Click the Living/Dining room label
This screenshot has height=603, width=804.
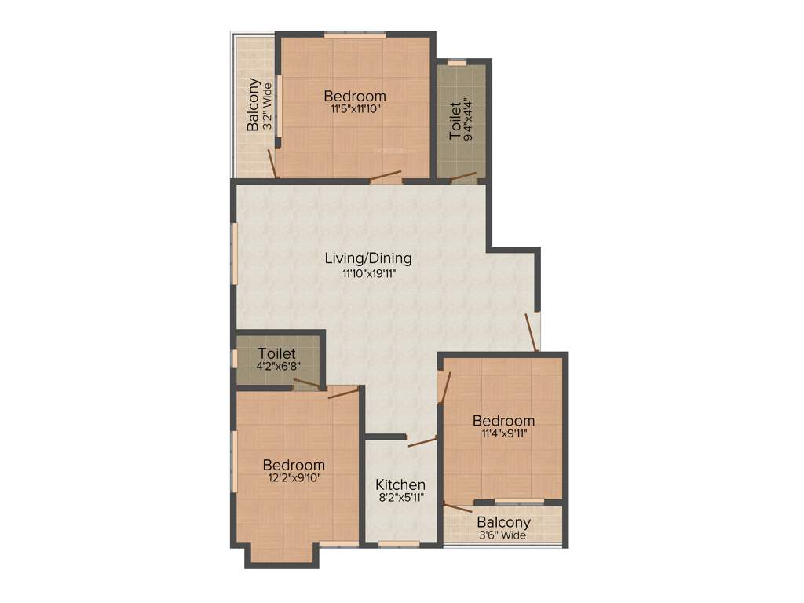pos(368,258)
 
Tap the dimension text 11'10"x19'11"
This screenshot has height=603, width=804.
pos(368,274)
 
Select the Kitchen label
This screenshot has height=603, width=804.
pos(400,484)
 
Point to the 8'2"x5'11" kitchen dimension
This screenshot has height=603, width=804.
pos(400,499)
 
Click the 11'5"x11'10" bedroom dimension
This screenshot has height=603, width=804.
pos(354,110)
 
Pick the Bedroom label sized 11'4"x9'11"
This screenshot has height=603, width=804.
pos(503,421)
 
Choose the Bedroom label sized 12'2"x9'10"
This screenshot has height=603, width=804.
pos(294,465)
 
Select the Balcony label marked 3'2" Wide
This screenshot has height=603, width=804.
pos(254,104)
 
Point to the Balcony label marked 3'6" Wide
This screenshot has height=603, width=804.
pos(504,522)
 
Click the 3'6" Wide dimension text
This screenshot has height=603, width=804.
pos(504,535)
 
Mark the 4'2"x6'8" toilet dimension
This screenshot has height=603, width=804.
pos(279,366)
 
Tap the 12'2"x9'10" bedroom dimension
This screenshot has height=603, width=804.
pos(294,477)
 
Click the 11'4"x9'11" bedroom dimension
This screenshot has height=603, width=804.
pos(503,433)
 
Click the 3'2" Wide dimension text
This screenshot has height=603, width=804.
pos(267,104)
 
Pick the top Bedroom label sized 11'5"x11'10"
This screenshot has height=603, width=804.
pos(354,96)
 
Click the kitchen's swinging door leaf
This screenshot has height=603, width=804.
pos(422,442)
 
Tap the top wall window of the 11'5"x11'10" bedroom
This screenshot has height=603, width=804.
pos(355,35)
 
